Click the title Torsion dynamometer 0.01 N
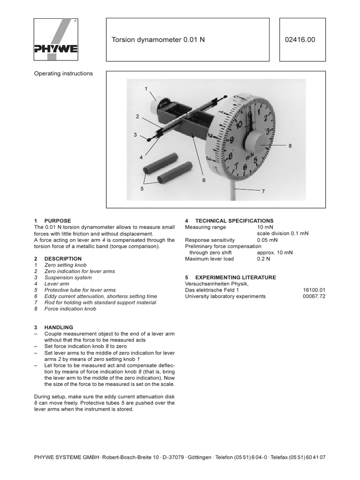coord(158,40)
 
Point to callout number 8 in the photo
coord(290,146)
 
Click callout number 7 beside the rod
coord(263,192)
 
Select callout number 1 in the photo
coord(146,89)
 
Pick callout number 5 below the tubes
coord(142,188)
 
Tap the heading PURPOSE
coord(57,221)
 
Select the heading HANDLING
coord(59,327)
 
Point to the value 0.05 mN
coord(267,240)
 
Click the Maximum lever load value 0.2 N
coord(264,259)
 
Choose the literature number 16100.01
coord(314,290)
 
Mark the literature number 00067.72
coord(314,296)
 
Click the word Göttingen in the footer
coord(200,457)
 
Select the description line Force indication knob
coord(70,309)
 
